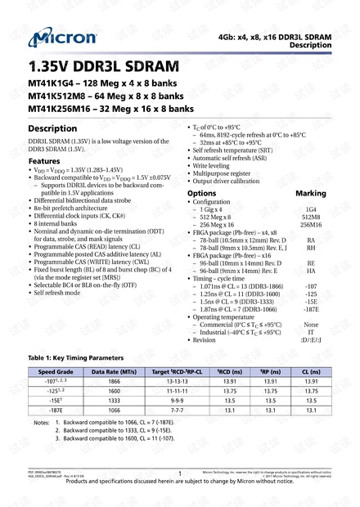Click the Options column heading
[x=202, y=194]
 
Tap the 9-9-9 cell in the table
[x=175, y=401]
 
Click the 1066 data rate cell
[x=114, y=411]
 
